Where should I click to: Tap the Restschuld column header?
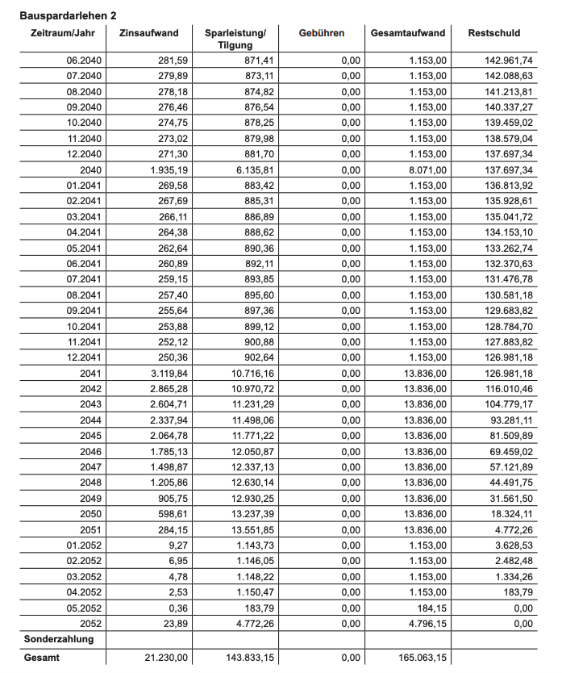pos(494,33)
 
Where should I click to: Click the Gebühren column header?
pos(321,33)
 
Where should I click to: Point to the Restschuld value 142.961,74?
pos(505,61)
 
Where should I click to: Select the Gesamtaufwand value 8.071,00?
pos(423,170)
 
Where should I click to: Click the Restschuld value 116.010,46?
pos(505,389)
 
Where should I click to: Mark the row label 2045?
pos(90,436)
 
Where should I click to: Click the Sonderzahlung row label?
pos(59,639)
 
